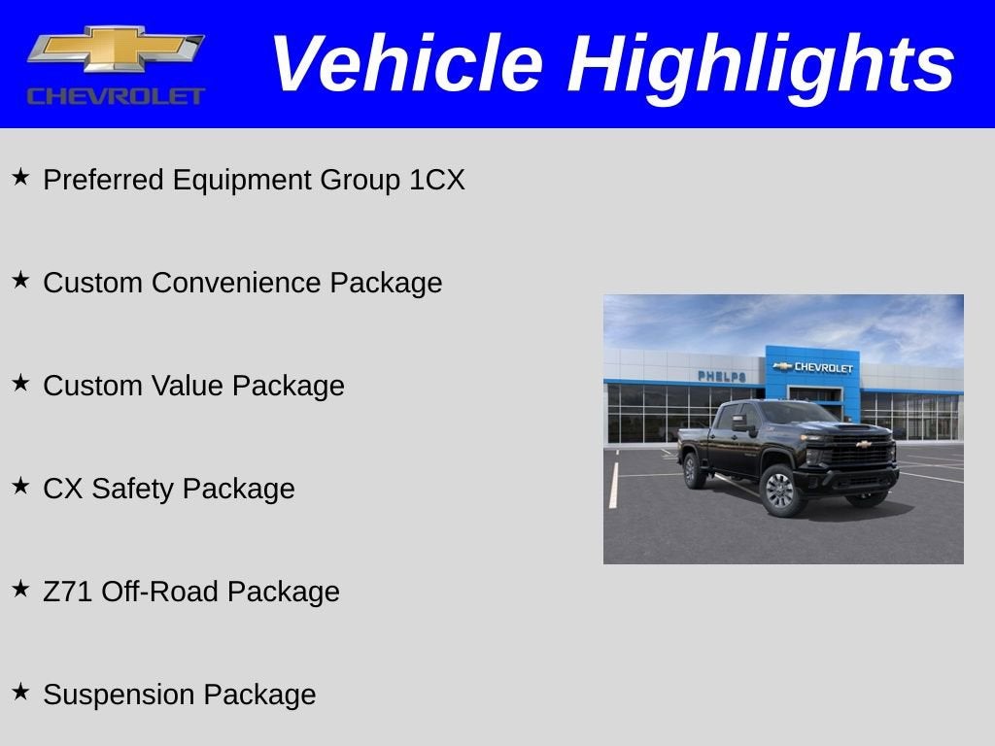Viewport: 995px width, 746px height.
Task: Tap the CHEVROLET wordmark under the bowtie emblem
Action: [x=116, y=96]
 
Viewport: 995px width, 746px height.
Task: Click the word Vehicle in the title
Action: [x=406, y=64]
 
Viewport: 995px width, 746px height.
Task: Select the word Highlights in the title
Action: [x=762, y=64]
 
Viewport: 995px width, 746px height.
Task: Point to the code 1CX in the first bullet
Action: [x=436, y=181]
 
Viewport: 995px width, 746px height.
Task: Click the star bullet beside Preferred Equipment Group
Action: [x=20, y=178]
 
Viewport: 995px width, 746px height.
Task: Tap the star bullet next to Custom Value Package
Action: [x=20, y=384]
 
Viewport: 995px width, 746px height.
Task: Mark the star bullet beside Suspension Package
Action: [x=20, y=693]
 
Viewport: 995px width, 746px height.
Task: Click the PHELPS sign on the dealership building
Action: [x=721, y=376]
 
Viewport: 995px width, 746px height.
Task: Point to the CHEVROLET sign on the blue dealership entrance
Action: [x=813, y=367]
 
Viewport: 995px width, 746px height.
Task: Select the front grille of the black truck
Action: [x=860, y=454]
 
